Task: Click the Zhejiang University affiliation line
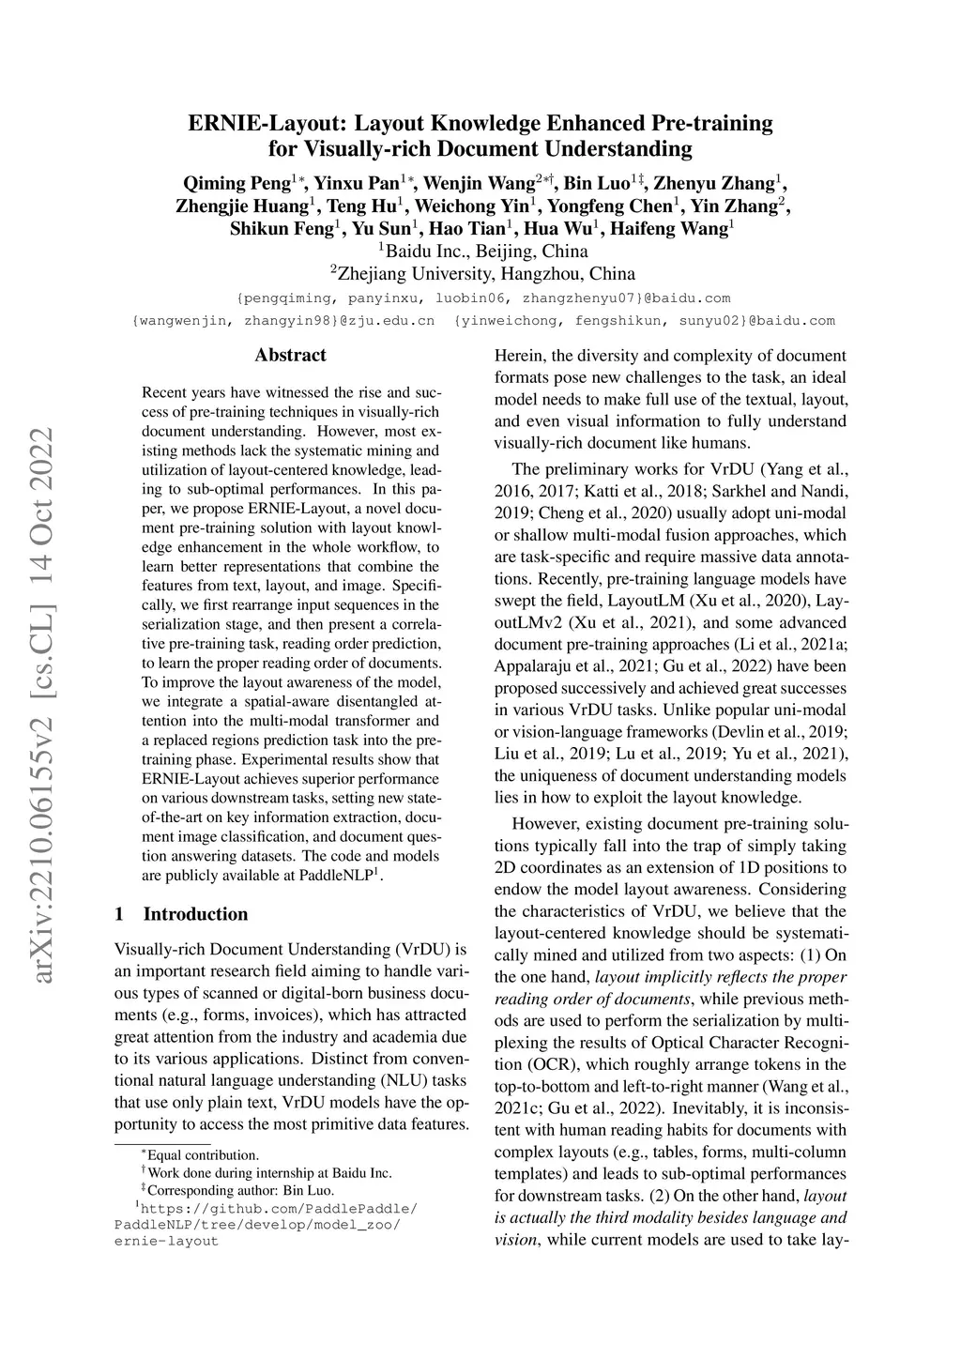482,274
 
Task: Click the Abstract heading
291,355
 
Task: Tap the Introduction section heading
195,914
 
